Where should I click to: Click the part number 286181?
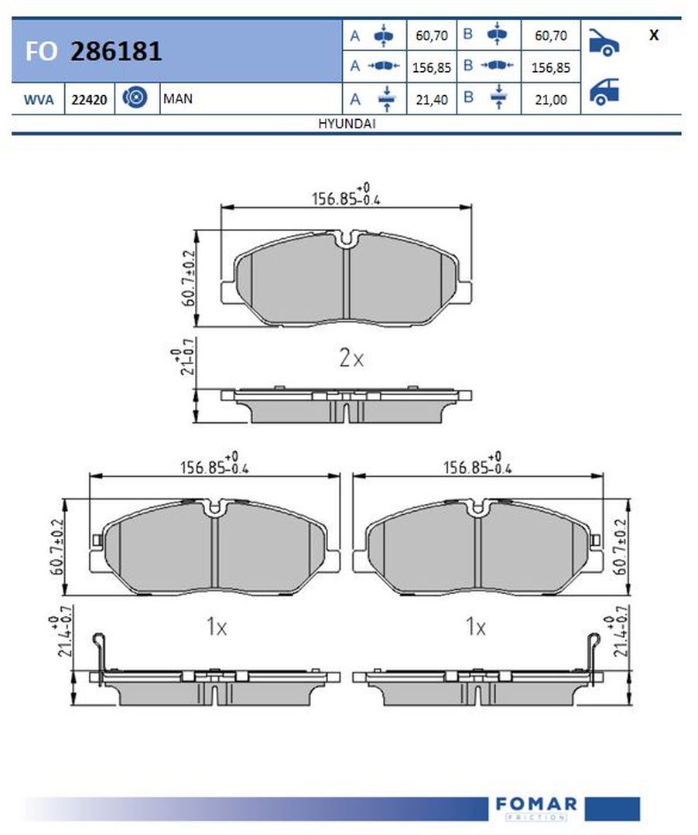[116, 51]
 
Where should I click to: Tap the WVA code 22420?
[90, 100]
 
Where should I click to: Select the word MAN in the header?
[178, 98]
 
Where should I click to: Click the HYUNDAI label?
[347, 124]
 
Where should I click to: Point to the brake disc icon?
[135, 97]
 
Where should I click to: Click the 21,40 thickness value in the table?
[432, 100]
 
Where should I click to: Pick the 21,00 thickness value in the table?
[551, 100]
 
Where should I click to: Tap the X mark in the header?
[654, 35]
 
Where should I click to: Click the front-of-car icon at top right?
[604, 42]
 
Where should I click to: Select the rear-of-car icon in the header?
[604, 91]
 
